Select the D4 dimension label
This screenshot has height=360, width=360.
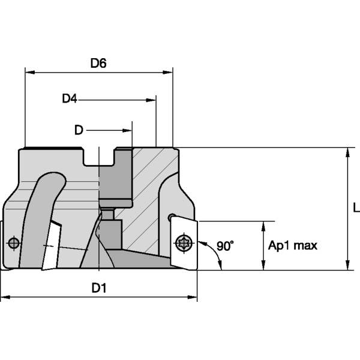click(70, 98)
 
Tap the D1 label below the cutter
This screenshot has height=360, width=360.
click(99, 288)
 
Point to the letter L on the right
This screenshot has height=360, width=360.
click(355, 208)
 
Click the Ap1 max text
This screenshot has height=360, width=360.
click(292, 245)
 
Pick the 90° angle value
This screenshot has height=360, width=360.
click(225, 246)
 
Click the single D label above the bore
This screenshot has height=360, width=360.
click(78, 130)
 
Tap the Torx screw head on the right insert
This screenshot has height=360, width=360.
click(183, 243)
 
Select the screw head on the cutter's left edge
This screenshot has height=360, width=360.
click(13, 243)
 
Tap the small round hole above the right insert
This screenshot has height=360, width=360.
click(173, 216)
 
